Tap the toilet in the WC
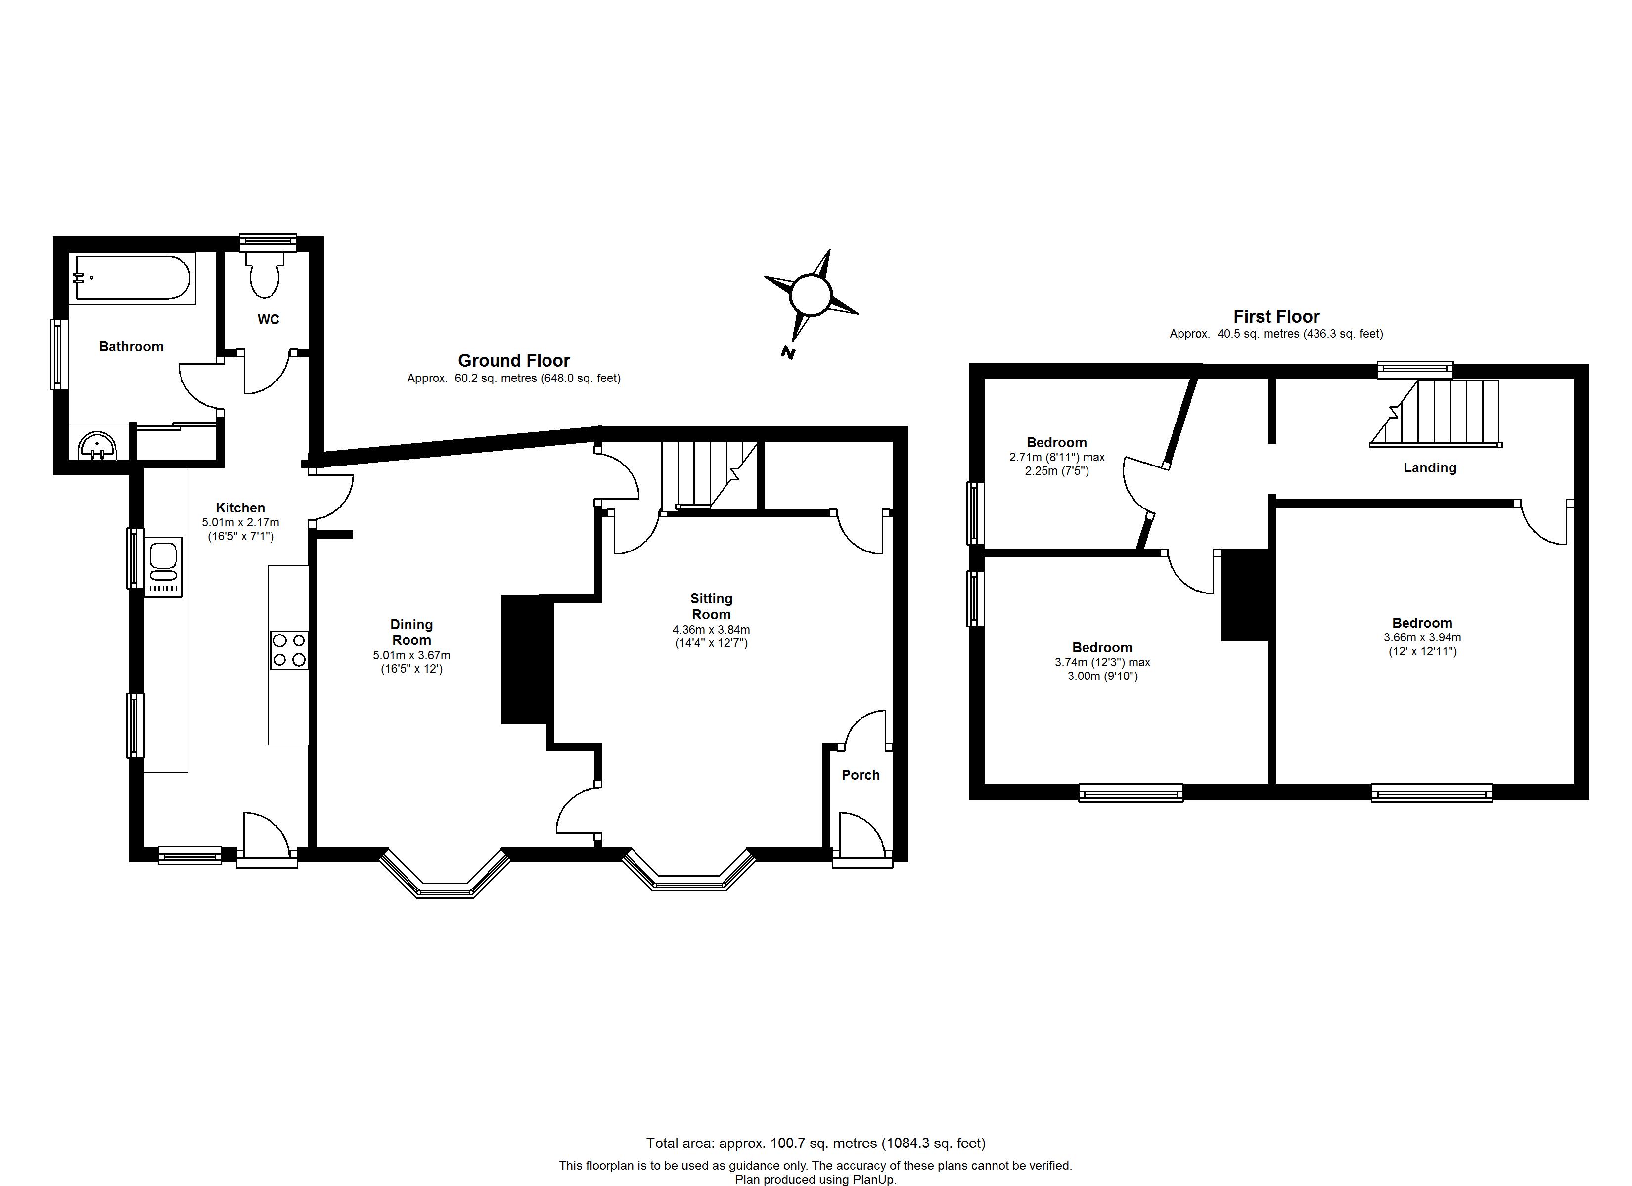coord(265,275)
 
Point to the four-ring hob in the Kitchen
coord(289,650)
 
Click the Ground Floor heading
coord(514,360)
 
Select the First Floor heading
coord(1276,316)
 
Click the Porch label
coord(861,774)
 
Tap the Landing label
coord(1430,467)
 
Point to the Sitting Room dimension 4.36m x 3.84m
coord(711,629)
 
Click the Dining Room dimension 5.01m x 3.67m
coord(411,655)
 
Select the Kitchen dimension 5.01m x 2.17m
coord(240,522)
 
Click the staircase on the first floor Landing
coord(1436,414)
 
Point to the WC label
coord(269,319)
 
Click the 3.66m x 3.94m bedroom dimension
coord(1422,637)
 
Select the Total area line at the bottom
coord(816,1143)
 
